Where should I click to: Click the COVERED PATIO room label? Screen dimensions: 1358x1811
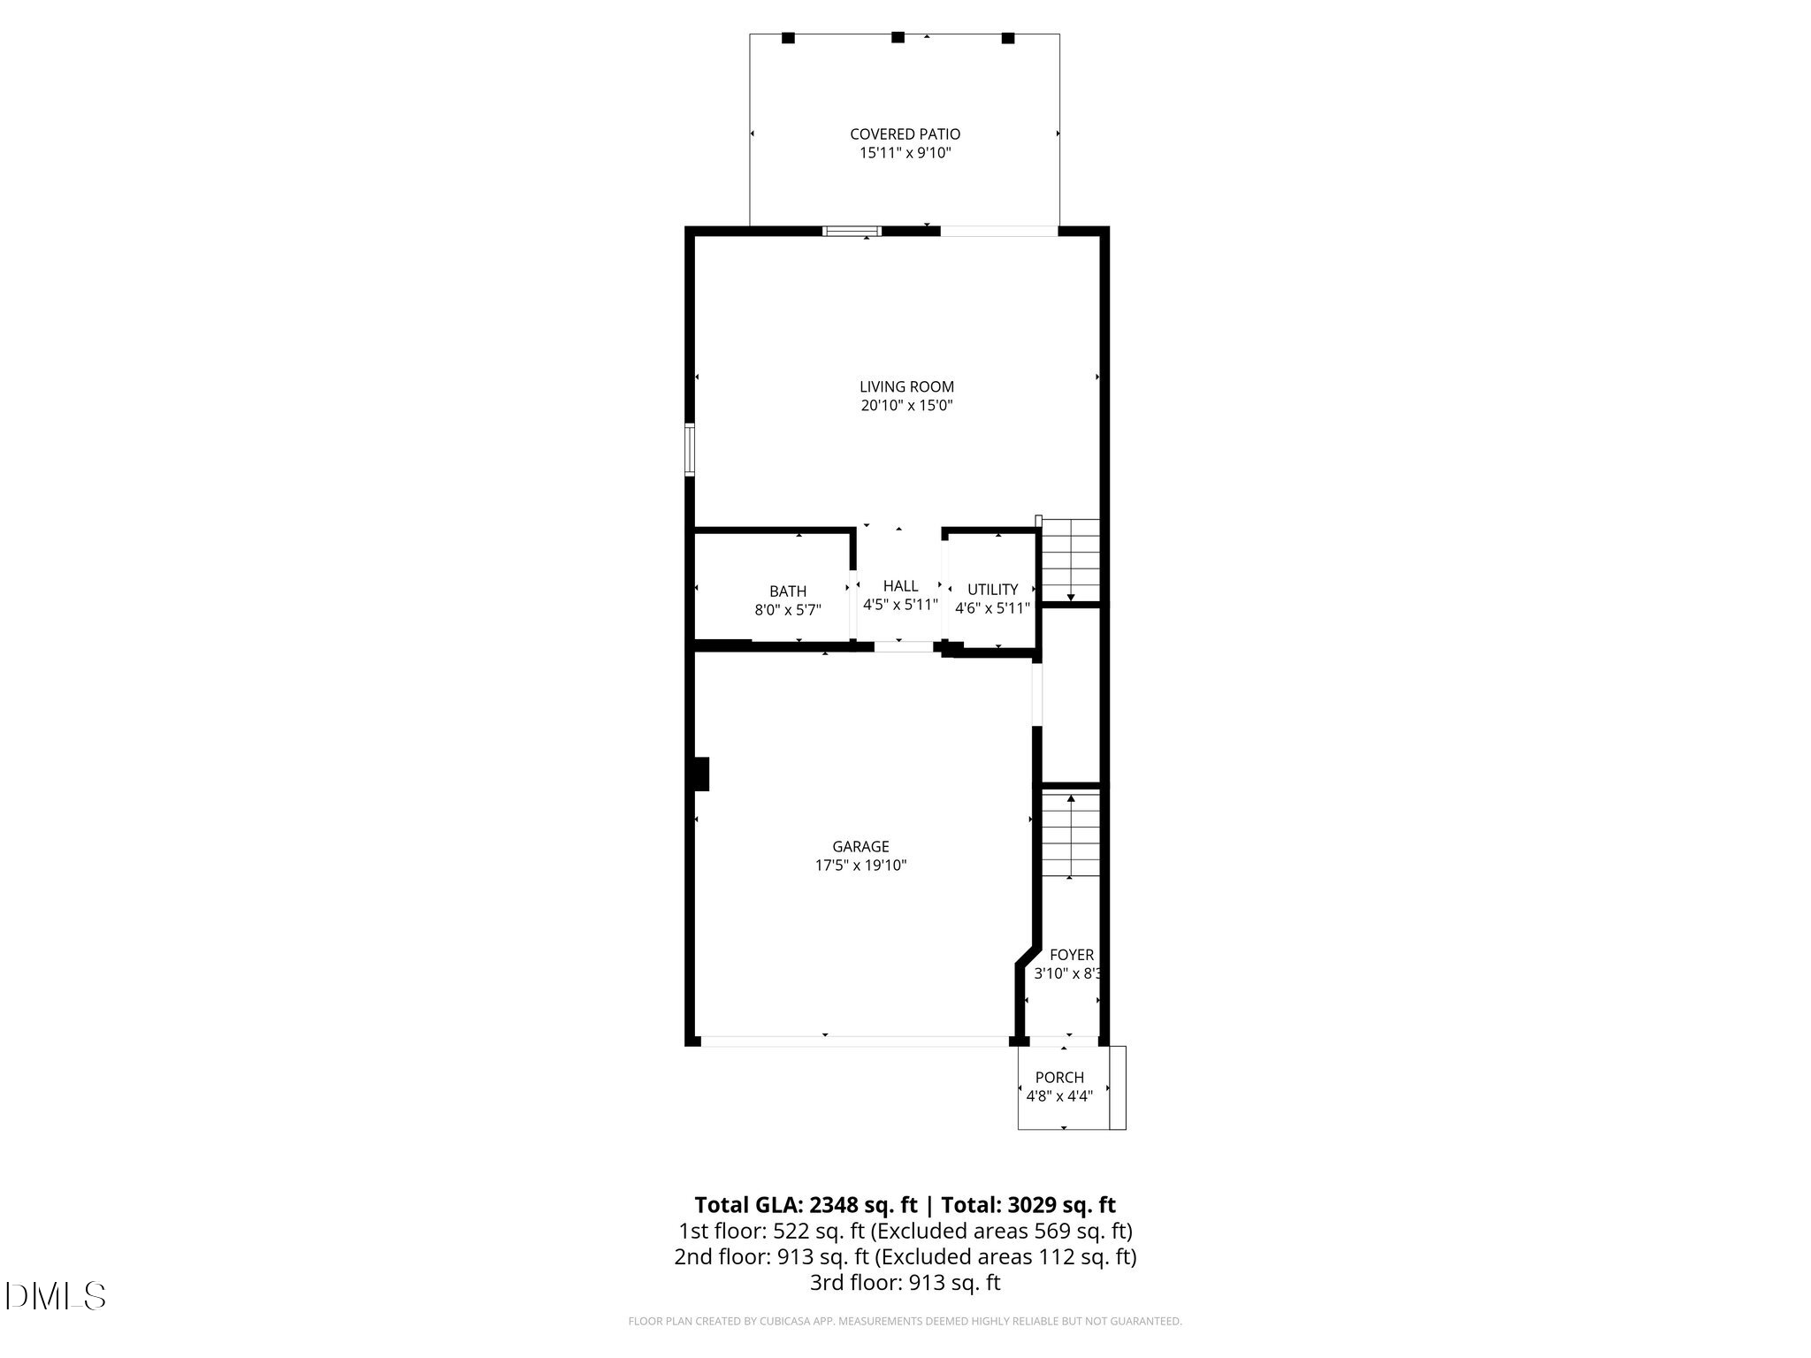(905, 134)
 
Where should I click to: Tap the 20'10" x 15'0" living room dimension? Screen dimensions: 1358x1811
(906, 406)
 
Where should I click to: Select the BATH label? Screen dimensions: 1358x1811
(787, 591)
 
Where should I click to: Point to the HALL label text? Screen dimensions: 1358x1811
(900, 586)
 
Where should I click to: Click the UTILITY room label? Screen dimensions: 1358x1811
(992, 590)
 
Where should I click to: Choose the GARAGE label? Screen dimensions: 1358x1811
(860, 847)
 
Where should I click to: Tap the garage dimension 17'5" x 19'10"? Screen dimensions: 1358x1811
(860, 866)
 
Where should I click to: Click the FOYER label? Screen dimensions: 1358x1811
(1071, 955)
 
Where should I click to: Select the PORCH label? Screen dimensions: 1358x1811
(1059, 1078)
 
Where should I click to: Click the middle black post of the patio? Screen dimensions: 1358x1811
(898, 37)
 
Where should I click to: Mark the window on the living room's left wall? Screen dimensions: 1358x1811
(690, 450)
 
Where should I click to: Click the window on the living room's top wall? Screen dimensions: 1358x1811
(852, 232)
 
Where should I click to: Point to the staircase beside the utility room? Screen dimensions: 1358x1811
(1071, 560)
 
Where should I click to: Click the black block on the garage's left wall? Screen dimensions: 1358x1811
(701, 774)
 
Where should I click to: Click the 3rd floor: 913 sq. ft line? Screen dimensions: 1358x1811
(905, 1283)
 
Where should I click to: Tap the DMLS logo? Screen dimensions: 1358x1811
(55, 1296)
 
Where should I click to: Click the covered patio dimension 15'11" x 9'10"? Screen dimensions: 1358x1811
(905, 153)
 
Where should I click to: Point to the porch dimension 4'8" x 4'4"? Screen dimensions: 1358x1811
(1059, 1096)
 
